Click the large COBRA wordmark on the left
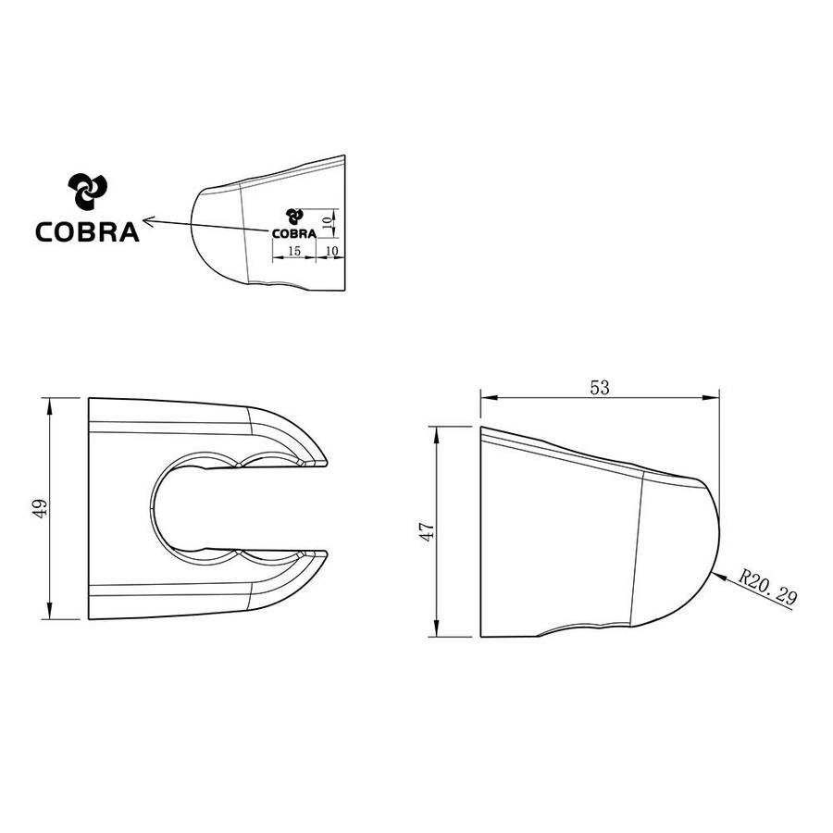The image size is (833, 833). tap(87, 230)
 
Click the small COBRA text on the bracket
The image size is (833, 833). tap(292, 233)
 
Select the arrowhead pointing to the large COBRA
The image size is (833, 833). tap(148, 220)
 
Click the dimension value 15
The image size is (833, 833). tap(293, 251)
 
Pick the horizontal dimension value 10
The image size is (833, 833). tap(332, 251)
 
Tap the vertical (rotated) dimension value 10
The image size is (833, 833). tap(325, 222)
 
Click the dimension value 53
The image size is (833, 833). tap(600, 388)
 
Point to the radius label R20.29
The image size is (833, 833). tap(768, 589)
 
